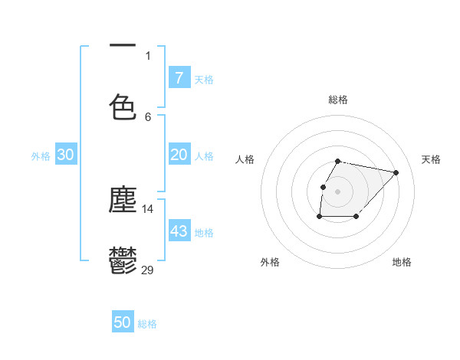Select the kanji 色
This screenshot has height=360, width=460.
coord(123,106)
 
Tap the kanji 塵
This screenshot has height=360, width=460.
coord(123,200)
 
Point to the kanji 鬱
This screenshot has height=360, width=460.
coord(123,260)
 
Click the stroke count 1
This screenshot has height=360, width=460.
coord(148,55)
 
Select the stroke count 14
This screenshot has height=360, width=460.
coord(148,208)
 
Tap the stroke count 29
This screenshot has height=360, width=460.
coord(148,269)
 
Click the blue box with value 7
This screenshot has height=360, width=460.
coord(179,78)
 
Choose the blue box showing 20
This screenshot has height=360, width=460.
coord(179,155)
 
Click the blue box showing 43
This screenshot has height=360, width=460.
coord(179,231)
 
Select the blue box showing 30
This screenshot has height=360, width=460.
coord(66,155)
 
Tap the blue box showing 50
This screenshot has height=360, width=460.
coord(123,322)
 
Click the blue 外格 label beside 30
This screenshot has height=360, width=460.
coord(41,155)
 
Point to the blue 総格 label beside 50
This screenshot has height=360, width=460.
coord(147,323)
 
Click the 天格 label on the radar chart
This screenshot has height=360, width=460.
coord(431,159)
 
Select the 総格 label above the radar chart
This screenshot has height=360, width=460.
coord(338,100)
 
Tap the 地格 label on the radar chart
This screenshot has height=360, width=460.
coord(402,262)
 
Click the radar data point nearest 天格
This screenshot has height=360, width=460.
coord(396,172)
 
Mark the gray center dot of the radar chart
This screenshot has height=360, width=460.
coord(338,191)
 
